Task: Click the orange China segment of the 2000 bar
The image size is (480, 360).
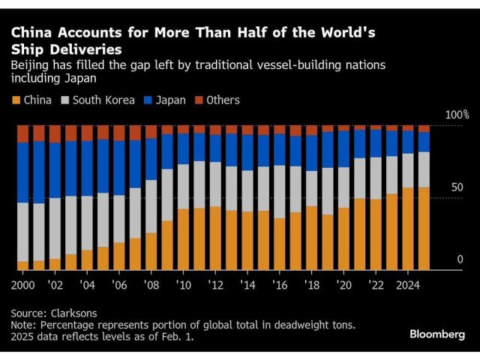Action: point(22,265)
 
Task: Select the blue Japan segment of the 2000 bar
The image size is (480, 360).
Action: point(22,172)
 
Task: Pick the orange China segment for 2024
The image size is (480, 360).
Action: point(408,228)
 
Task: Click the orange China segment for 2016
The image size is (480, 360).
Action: point(280,244)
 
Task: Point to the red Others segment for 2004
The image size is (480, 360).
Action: point(87,133)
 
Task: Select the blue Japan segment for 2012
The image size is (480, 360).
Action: point(215,148)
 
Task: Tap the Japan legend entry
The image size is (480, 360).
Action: point(166,100)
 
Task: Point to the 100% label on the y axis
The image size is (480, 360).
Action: point(456,115)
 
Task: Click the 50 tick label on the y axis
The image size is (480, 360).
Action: point(457,187)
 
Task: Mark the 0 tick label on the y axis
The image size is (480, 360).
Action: point(460,259)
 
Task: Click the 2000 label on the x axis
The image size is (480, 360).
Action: point(23,285)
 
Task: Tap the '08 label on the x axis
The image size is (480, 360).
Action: point(151,285)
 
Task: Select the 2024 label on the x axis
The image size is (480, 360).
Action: point(408,285)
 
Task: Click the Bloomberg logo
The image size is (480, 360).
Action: point(437,334)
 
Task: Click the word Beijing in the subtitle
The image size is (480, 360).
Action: point(31,65)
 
